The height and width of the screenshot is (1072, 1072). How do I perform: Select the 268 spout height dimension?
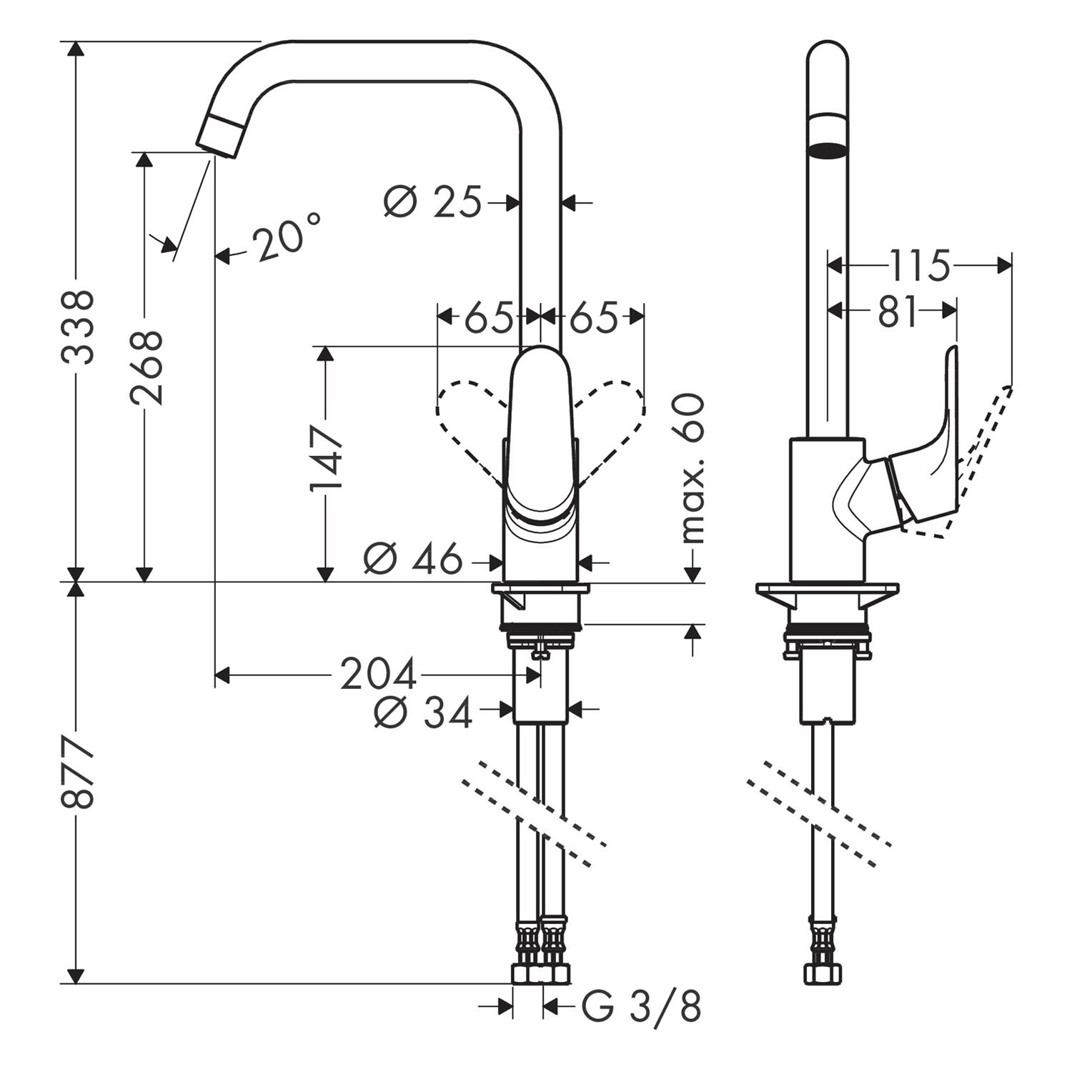coord(147,367)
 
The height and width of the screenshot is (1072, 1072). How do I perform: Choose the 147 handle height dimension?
coord(326,457)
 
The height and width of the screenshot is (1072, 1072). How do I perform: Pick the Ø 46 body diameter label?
coord(412,559)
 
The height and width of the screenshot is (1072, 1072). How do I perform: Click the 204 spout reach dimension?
coord(377,674)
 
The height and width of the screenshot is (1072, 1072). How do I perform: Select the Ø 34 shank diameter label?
coord(423,712)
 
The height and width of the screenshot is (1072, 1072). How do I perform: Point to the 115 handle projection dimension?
coord(920,265)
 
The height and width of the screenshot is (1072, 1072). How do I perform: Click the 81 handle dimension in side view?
coord(896,311)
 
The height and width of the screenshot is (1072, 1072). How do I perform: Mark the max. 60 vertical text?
coord(691,468)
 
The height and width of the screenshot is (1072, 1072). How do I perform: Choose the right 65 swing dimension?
coord(592,316)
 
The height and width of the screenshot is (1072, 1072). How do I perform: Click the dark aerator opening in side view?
coord(828,151)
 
